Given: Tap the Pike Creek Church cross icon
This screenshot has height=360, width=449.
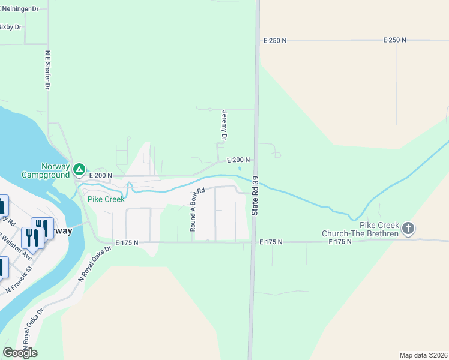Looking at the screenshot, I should [408, 228].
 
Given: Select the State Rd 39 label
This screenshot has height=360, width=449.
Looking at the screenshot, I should [255, 196].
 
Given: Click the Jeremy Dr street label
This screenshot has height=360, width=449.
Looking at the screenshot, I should [224, 125].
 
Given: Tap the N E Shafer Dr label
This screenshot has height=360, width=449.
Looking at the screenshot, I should [47, 70].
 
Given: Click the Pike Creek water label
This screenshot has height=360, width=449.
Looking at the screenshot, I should [106, 199].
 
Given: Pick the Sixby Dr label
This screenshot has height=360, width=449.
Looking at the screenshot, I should [11, 27].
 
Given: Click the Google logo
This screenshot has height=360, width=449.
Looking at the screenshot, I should [20, 352].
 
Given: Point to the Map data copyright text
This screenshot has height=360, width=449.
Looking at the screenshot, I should [423, 355].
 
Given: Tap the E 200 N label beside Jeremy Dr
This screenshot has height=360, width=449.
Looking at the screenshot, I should [238, 160].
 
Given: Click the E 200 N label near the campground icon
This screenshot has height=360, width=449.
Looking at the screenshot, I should [101, 175].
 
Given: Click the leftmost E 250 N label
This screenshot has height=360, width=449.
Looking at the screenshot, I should [275, 40].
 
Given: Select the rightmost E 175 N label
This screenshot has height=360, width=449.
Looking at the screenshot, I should [340, 242].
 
